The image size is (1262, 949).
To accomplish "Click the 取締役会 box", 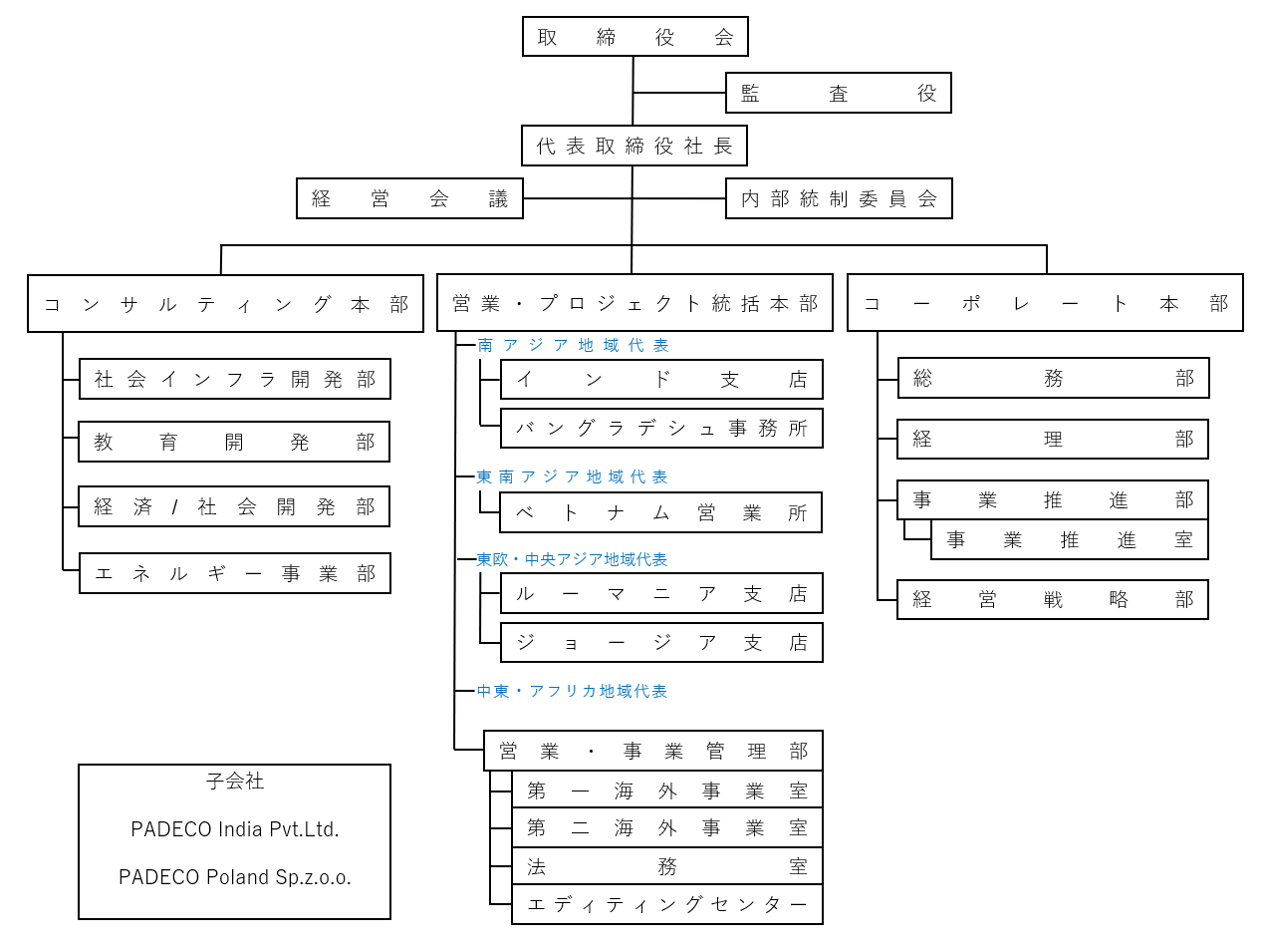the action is click(634, 36).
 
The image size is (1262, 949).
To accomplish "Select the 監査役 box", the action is click(838, 93).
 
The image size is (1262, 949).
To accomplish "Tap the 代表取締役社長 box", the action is click(634, 146).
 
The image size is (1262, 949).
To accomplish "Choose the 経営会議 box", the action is click(409, 198).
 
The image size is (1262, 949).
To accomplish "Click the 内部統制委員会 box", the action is click(839, 198).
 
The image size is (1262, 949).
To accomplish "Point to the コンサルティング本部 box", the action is click(225, 303).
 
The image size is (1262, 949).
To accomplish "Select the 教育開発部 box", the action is click(234, 442).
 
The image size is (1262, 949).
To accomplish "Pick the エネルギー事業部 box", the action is click(235, 573).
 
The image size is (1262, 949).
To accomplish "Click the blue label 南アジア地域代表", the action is click(573, 345).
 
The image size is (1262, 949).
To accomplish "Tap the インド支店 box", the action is click(661, 379).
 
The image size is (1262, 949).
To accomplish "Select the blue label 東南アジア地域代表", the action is click(572, 476).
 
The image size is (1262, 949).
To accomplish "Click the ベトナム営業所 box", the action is click(660, 512).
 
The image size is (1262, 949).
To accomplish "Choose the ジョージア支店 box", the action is click(661, 642).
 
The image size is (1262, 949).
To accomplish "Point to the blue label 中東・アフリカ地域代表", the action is click(572, 691).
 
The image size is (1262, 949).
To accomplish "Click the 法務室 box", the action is click(667, 865).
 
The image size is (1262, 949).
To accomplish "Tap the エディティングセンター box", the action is click(667, 905).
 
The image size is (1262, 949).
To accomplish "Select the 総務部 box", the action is click(1053, 378).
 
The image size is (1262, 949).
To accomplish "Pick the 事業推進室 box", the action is click(1070, 539).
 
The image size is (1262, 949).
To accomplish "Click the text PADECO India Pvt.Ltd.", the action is click(235, 828).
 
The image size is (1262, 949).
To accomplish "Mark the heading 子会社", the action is click(235, 781).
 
